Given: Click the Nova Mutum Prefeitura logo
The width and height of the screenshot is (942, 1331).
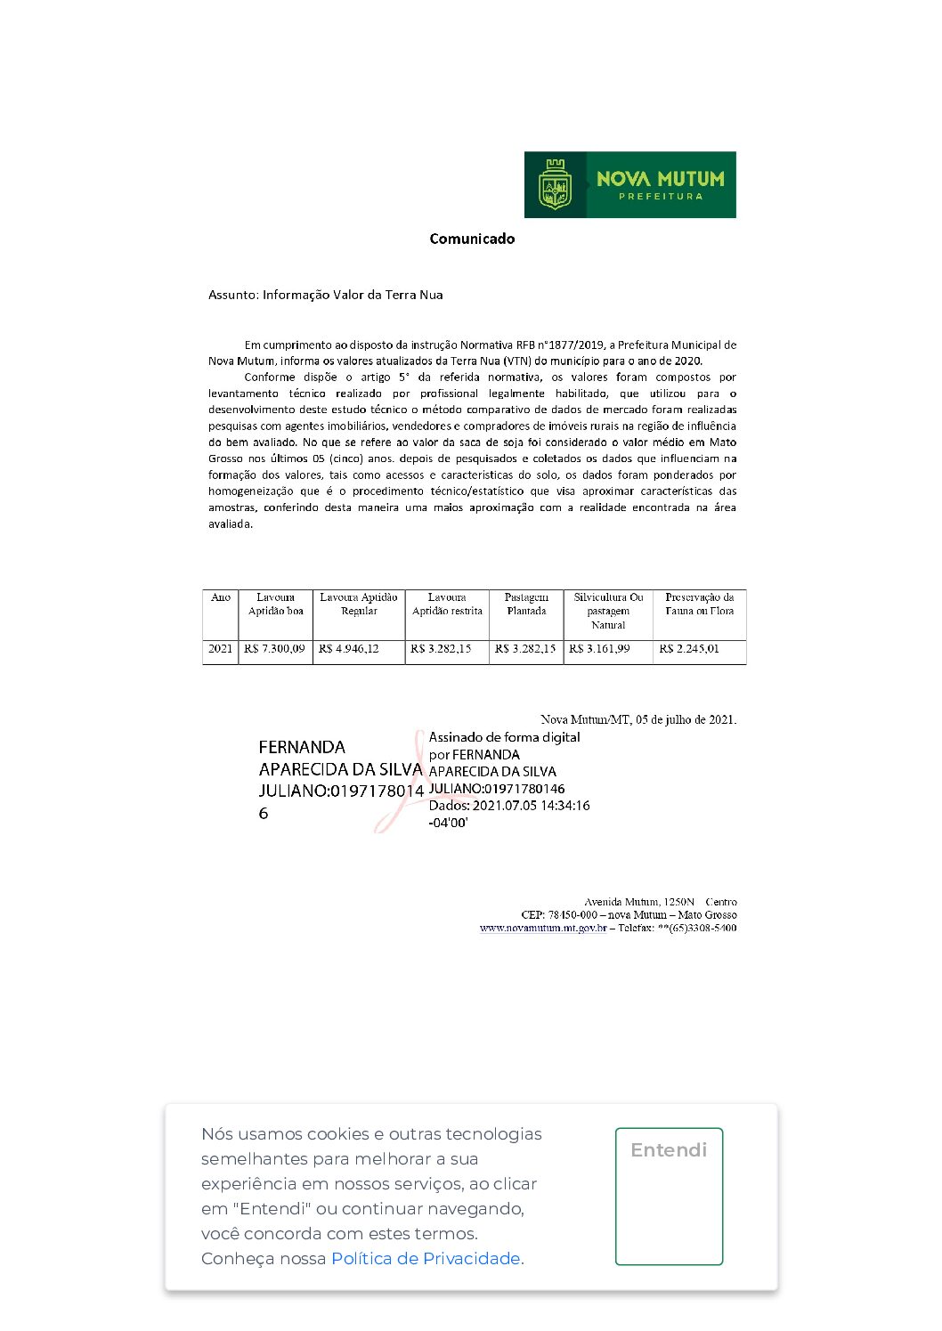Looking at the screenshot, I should pyautogui.click(x=629, y=184).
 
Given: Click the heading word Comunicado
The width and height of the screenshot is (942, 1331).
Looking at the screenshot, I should pyautogui.click(x=472, y=239).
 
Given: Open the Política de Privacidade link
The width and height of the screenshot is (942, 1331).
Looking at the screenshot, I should pyautogui.click(x=426, y=1258).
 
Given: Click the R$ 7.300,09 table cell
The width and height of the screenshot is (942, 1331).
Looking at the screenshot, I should pyautogui.click(x=274, y=649).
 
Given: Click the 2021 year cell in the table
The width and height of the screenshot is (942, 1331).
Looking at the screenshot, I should pyautogui.click(x=220, y=649).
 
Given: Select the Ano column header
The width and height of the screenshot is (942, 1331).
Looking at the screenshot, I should pyautogui.click(x=221, y=597).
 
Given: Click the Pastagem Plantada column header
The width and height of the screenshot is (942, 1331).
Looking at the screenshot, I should pyautogui.click(x=526, y=605).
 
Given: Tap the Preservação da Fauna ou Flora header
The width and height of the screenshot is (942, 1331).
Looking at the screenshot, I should pyautogui.click(x=700, y=605).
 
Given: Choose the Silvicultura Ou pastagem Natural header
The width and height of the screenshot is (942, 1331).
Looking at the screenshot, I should pyautogui.click(x=608, y=611).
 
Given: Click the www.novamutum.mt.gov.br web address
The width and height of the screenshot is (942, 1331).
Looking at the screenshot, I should pyautogui.click(x=543, y=928).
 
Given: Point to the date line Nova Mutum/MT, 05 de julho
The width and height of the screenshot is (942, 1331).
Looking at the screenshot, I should pyautogui.click(x=638, y=719).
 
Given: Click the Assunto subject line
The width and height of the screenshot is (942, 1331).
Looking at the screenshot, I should pyautogui.click(x=325, y=295).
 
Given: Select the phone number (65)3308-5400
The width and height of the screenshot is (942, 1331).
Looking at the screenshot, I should pyautogui.click(x=702, y=928).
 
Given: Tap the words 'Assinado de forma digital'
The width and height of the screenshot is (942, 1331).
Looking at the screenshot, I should pyautogui.click(x=504, y=737).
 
